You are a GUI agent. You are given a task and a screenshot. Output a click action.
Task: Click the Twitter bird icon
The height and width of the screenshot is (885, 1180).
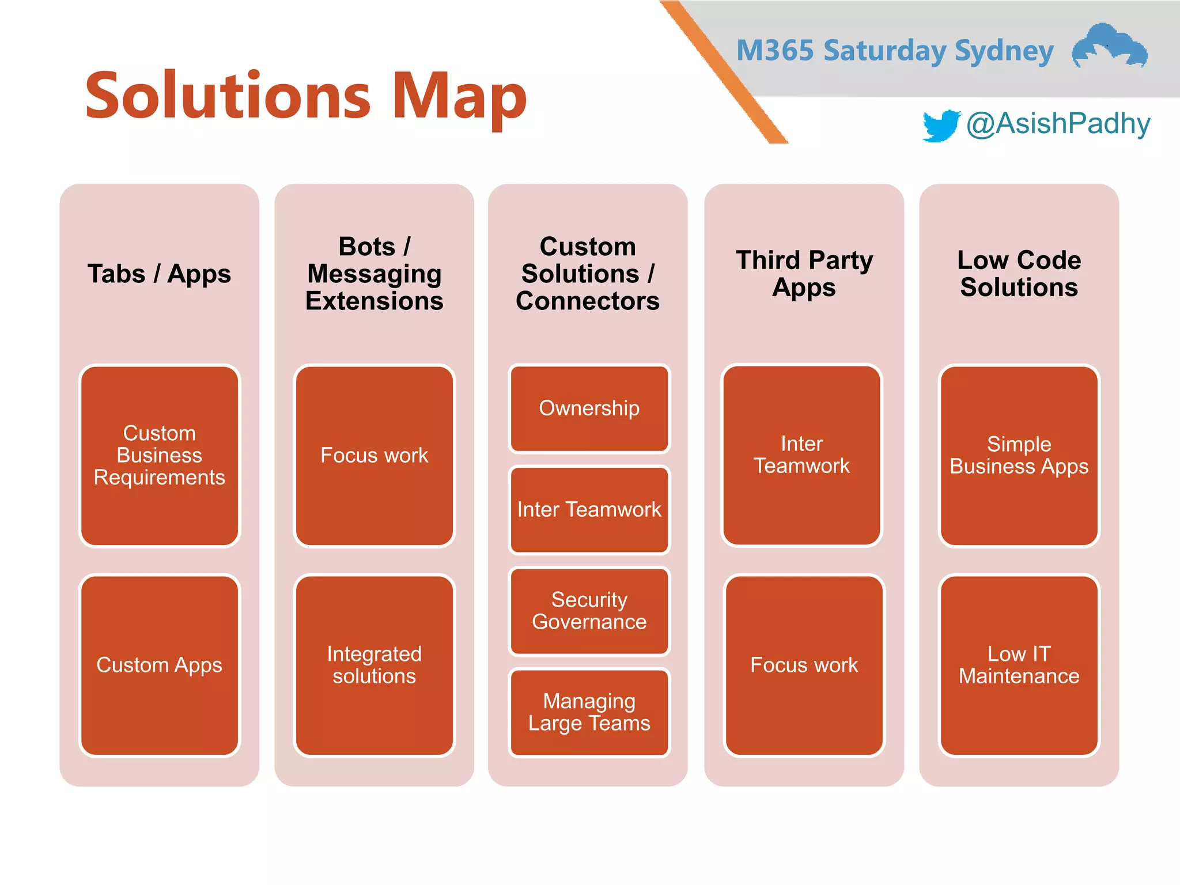940,125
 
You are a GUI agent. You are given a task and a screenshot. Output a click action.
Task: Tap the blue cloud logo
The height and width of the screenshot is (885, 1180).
1109,46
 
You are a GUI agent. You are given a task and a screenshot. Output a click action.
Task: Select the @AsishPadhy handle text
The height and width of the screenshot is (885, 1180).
1058,124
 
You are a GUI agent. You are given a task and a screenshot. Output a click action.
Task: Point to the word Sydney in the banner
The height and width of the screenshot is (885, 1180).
1004,51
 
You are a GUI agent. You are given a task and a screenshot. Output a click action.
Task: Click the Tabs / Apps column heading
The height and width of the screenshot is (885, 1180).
159,274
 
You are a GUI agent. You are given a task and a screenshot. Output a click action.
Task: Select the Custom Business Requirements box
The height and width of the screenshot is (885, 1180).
160,455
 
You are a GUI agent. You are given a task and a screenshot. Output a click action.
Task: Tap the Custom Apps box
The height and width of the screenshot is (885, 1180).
160,665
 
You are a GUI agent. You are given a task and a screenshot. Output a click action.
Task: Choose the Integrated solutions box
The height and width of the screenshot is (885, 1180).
375,665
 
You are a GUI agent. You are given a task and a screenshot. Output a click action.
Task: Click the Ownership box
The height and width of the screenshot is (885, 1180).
589,408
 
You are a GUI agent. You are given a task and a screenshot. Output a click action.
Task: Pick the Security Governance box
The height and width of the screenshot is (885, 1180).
589,611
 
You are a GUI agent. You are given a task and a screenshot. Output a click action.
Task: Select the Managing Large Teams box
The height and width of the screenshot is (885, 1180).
589,712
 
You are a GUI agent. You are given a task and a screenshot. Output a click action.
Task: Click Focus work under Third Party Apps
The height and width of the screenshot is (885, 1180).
804,665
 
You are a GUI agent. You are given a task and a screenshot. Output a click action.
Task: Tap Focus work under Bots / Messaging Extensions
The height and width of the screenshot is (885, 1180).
375,455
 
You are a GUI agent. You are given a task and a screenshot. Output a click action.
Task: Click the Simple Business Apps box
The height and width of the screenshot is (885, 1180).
1019,455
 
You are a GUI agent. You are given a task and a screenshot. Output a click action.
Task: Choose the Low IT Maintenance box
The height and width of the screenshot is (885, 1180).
1019,665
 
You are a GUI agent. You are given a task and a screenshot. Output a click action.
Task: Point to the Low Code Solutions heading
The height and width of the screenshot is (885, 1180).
1019,274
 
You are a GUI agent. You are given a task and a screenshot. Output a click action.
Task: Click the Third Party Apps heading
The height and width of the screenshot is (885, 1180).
804,274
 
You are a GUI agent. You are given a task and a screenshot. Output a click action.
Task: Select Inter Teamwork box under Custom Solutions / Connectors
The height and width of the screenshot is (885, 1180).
589,509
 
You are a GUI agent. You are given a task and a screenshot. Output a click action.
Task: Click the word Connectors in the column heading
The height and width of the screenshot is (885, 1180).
588,301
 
